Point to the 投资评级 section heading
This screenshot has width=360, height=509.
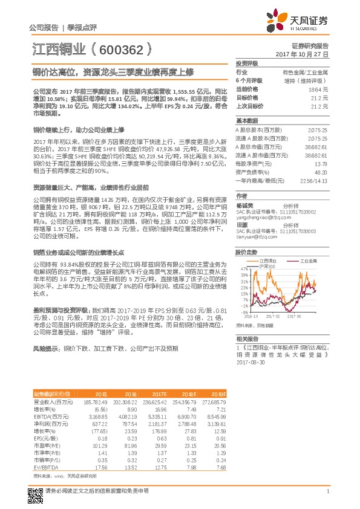click(x=247, y=63)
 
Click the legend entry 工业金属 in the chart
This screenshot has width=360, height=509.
click(x=310, y=261)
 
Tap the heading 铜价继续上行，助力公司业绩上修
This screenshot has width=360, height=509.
click(x=78, y=129)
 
